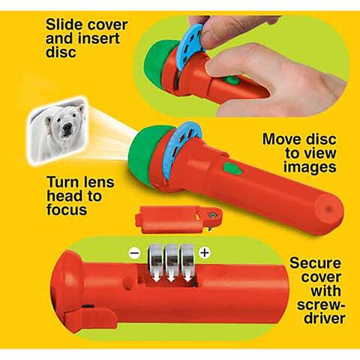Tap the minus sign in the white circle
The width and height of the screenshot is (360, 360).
coord(135,253)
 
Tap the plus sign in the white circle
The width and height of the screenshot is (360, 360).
coord(205,253)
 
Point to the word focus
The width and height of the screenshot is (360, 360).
coord(67,209)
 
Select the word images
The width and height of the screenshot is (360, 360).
coord(310,167)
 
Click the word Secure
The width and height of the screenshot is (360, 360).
coord(316,263)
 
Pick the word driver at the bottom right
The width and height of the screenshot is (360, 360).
coord(325,318)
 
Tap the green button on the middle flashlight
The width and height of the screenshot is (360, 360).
coord(233,168)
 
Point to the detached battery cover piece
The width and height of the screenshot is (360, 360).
coord(178,219)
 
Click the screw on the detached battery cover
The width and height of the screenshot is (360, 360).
coord(213,214)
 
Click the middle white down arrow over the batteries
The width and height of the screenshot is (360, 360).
coord(172,275)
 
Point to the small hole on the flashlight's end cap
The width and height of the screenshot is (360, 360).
coord(329,209)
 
